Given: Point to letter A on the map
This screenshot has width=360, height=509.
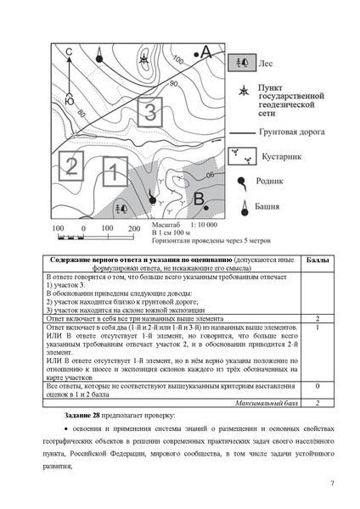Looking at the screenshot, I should [x=205, y=53].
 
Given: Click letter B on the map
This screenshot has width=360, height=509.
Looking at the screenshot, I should [x=198, y=199].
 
